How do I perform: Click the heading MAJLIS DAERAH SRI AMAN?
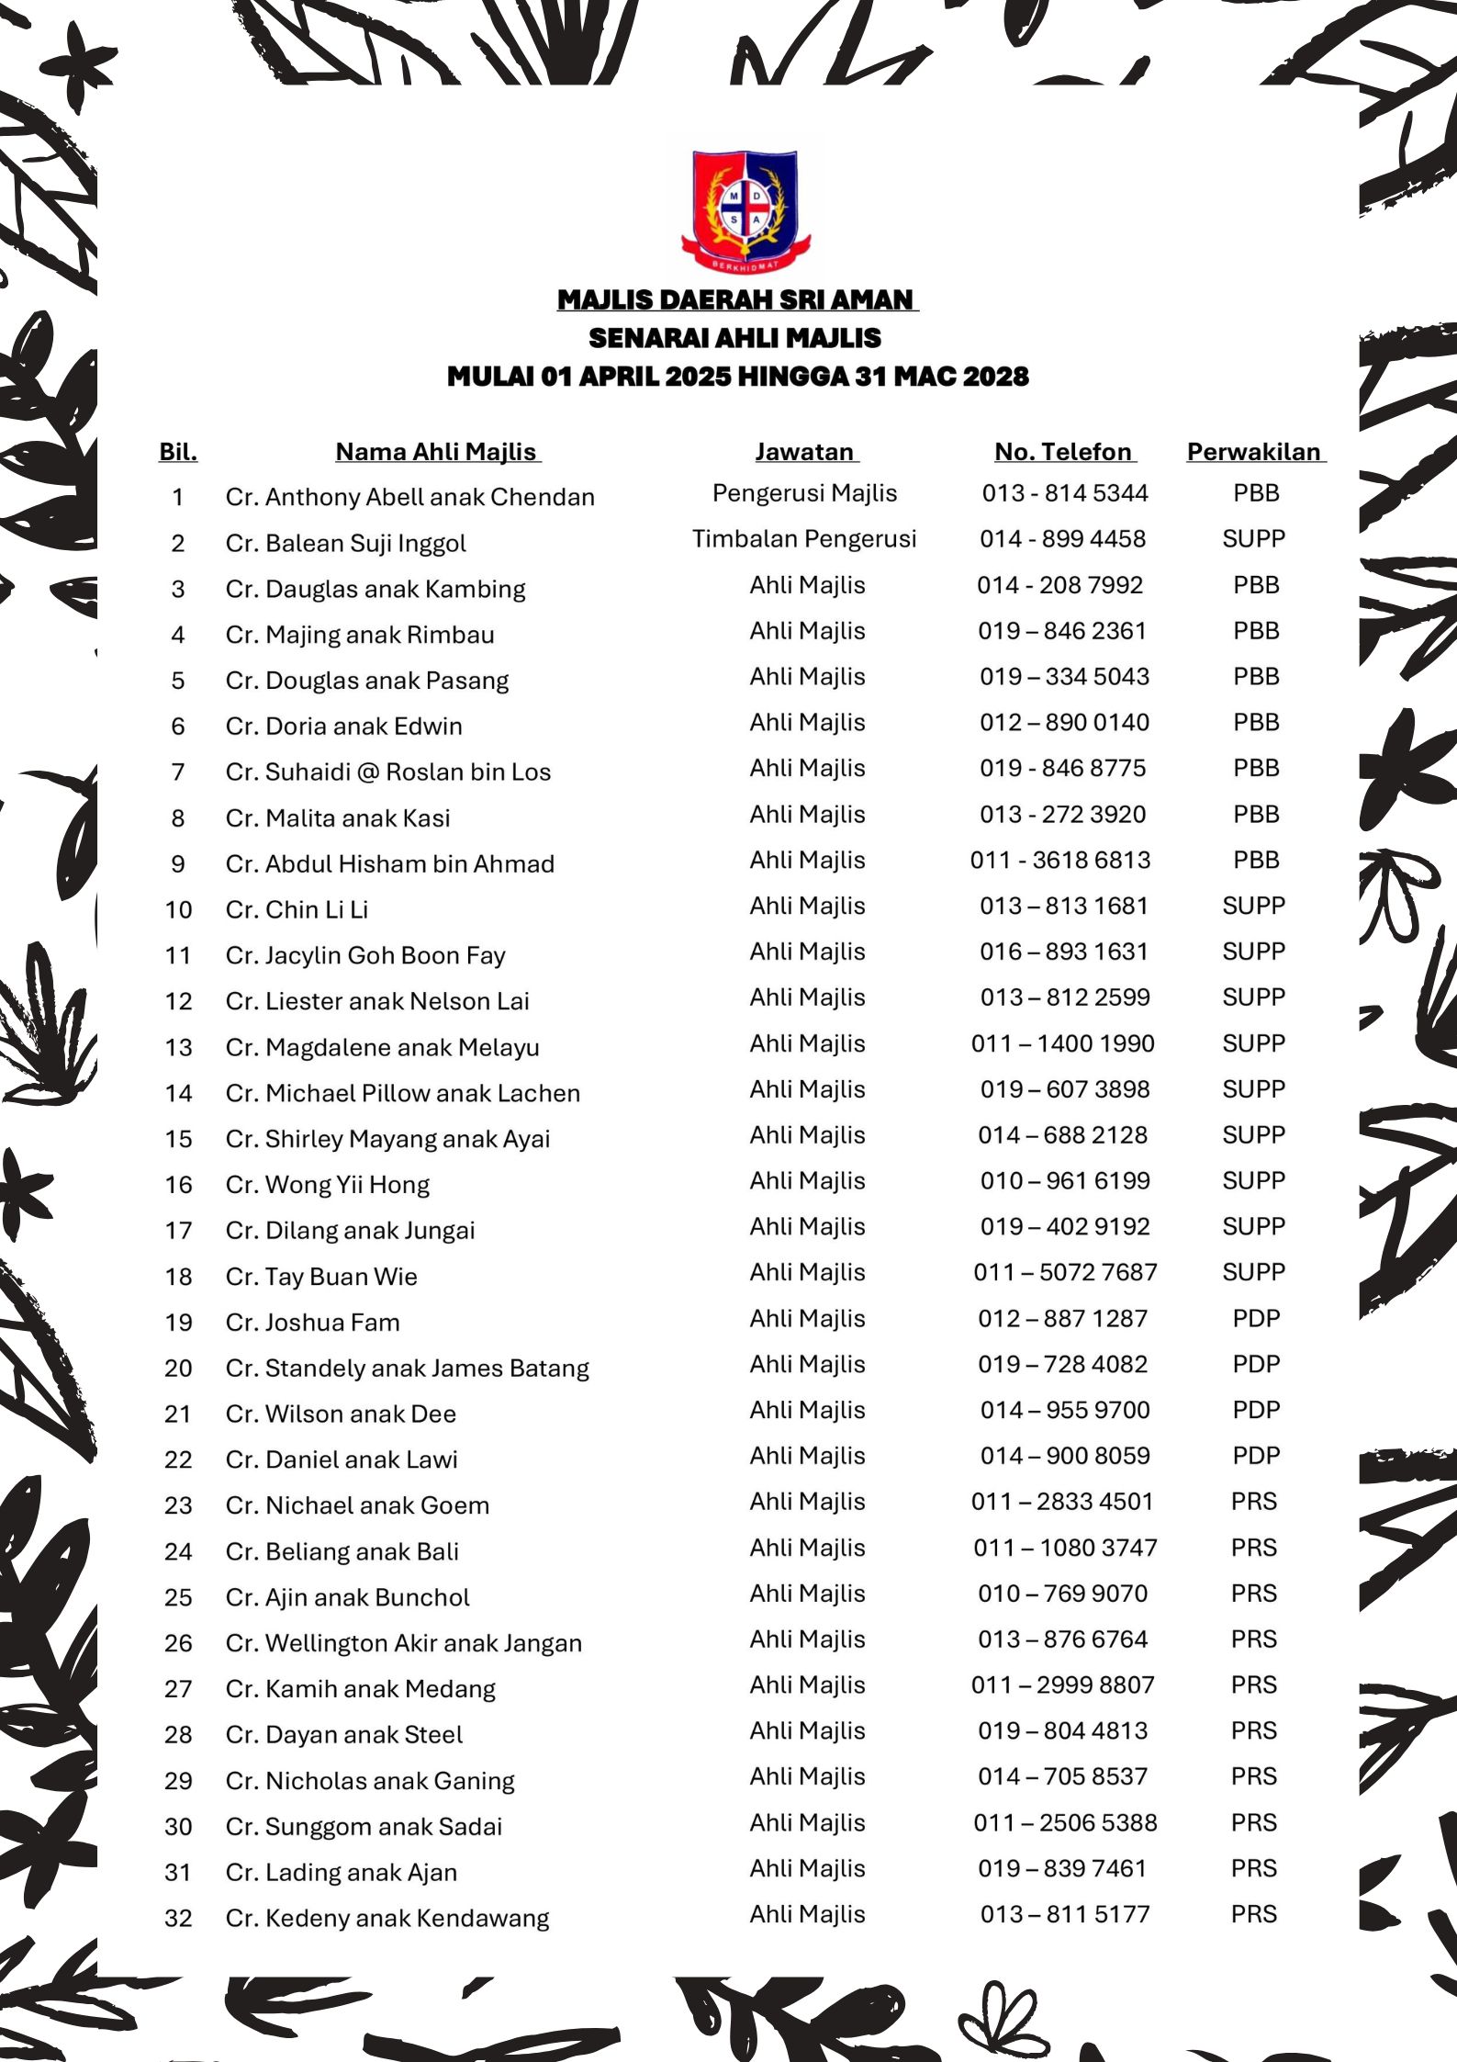[736, 299]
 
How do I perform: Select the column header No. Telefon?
[1063, 452]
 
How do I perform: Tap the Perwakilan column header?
[1254, 452]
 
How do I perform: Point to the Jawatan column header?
[805, 452]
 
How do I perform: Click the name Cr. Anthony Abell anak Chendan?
[409, 497]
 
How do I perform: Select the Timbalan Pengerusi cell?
[804, 539]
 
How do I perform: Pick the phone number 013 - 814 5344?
[1064, 493]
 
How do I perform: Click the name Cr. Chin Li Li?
[297, 909]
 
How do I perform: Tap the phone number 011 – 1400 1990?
[1062, 1043]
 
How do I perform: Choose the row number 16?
[178, 1185]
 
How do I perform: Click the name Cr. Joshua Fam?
[312, 1323]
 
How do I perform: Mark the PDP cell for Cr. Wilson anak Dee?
[1255, 1410]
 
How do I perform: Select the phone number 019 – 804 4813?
[1062, 1730]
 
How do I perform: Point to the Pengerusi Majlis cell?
[804, 493]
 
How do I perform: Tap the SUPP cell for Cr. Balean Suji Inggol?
[1253, 539]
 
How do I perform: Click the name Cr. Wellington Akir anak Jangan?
[403, 1643]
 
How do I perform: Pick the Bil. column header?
[178, 452]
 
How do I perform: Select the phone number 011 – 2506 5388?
[1065, 1822]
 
